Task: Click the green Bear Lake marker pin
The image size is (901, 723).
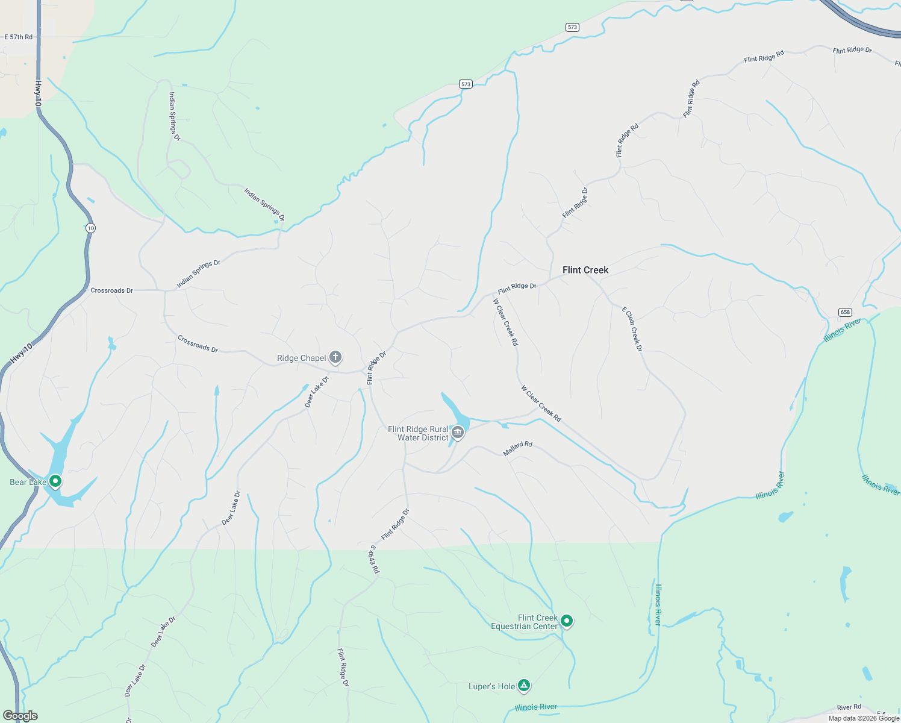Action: pos(55,481)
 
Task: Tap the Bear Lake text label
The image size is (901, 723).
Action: pos(28,482)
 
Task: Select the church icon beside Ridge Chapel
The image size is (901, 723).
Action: pos(335,357)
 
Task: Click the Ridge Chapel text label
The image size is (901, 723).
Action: pos(301,358)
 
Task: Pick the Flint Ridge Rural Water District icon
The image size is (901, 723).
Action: pos(458,432)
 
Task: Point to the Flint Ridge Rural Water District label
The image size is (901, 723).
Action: pos(418,433)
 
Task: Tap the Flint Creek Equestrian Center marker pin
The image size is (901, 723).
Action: pos(566,620)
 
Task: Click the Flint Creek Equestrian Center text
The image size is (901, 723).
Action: pos(525,622)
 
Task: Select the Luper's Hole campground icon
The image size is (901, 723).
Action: pos(524,685)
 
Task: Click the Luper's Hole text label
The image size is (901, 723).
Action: pos(491,686)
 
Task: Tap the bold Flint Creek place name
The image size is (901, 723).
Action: pos(585,270)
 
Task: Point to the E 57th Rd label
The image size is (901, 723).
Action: pos(19,37)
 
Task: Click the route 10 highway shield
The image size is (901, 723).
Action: pos(90,228)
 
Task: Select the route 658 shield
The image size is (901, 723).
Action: pos(845,312)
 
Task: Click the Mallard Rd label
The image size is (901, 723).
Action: pos(517,448)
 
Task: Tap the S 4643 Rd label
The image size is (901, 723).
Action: pos(375,559)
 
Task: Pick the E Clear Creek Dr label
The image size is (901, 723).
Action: pos(632,329)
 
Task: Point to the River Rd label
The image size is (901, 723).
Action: pos(849,707)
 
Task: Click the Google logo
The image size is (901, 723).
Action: pos(20,716)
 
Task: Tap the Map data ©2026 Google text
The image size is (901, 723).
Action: pos(864,718)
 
